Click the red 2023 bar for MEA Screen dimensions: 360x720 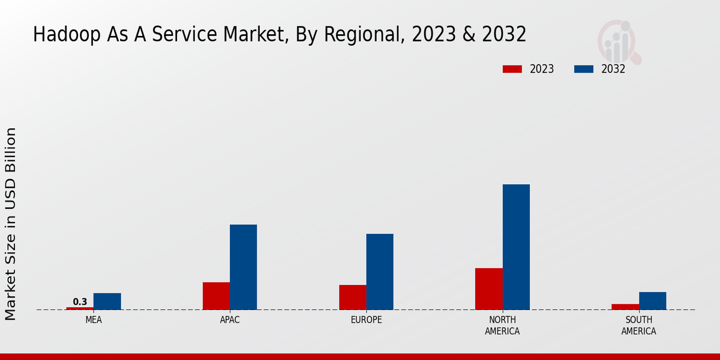pos(80,308)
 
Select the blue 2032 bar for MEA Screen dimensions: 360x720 pos(107,301)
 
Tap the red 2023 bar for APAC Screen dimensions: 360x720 pos(216,296)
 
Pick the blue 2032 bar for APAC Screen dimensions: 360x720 pos(243,267)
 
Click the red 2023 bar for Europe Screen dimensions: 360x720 pos(352,297)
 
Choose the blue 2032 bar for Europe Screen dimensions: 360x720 pos(380,271)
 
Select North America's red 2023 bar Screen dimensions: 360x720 pos(488,289)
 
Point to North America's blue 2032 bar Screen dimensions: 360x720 pos(516,247)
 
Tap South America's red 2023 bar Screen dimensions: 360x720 pos(625,307)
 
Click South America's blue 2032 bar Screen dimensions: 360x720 pos(652,301)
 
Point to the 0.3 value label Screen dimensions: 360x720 pos(80,302)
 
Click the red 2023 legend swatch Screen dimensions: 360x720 pos(512,69)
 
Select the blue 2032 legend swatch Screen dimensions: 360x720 pos(583,69)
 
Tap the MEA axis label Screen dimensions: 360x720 pos(94,320)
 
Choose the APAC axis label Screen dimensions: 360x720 pos(230,320)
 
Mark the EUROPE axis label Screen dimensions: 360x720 pos(366,320)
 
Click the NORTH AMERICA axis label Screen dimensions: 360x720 pos(502,325)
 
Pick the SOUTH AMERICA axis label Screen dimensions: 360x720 pos(638,325)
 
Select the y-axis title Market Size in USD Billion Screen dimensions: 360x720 pos(11,223)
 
